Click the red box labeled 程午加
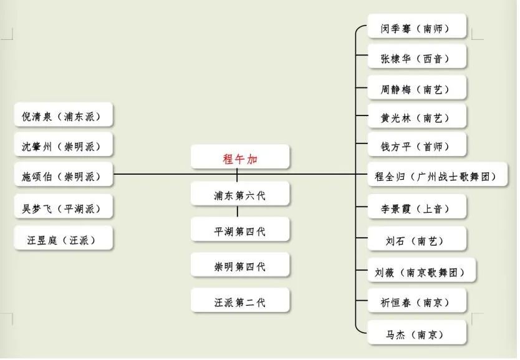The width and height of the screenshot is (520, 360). tap(240, 158)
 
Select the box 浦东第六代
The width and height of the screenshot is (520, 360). tap(240, 195)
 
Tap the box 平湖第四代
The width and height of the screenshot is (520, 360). tap(240, 231)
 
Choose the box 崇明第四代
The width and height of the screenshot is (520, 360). tap(240, 266)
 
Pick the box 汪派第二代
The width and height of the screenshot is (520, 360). tap(240, 302)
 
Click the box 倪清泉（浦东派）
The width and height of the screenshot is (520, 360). tap(64, 116)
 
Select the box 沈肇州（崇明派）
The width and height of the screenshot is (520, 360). tap(64, 147)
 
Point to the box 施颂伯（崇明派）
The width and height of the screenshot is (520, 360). tap(64, 177)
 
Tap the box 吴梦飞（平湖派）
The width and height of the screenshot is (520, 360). tap(64, 208)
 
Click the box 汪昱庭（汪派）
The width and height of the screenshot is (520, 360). tap(64, 239)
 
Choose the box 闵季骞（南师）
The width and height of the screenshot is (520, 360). tap(416, 28)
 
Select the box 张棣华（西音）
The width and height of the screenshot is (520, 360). tap(416, 59)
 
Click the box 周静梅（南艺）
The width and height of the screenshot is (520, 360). tap(416, 89)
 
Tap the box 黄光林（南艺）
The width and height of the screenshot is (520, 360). tap(416, 117)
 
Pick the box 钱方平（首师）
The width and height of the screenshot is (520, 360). tap(416, 147)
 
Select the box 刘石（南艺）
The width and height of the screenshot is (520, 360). tap(416, 239)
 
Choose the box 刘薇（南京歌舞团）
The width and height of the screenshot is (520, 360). tap(421, 271)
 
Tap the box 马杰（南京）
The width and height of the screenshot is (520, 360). tap(416, 334)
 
